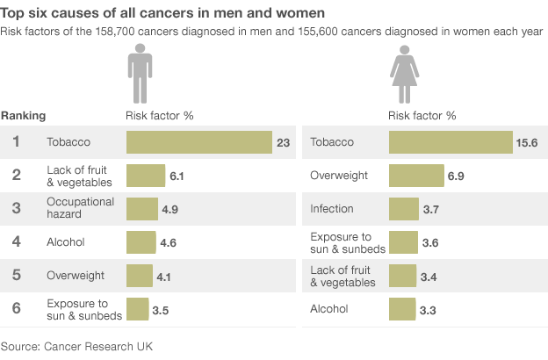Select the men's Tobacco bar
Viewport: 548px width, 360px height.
(x=199, y=142)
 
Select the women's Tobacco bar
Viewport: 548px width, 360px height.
(x=451, y=142)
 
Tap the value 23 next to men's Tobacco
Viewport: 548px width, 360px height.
(x=283, y=142)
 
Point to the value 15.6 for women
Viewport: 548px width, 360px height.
(x=527, y=142)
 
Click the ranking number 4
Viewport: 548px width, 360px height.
(x=17, y=242)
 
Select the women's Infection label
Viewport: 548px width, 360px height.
(x=332, y=209)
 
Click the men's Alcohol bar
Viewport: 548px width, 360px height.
(x=141, y=242)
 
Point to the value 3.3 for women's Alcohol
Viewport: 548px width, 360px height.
(x=428, y=310)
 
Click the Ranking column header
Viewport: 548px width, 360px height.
(x=24, y=115)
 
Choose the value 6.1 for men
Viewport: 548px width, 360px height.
(x=177, y=176)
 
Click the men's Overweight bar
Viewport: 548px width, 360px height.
(x=140, y=276)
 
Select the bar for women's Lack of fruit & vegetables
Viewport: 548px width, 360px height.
(x=402, y=276)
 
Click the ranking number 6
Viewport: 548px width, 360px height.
(x=17, y=309)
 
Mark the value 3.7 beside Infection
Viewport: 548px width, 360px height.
(x=430, y=210)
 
